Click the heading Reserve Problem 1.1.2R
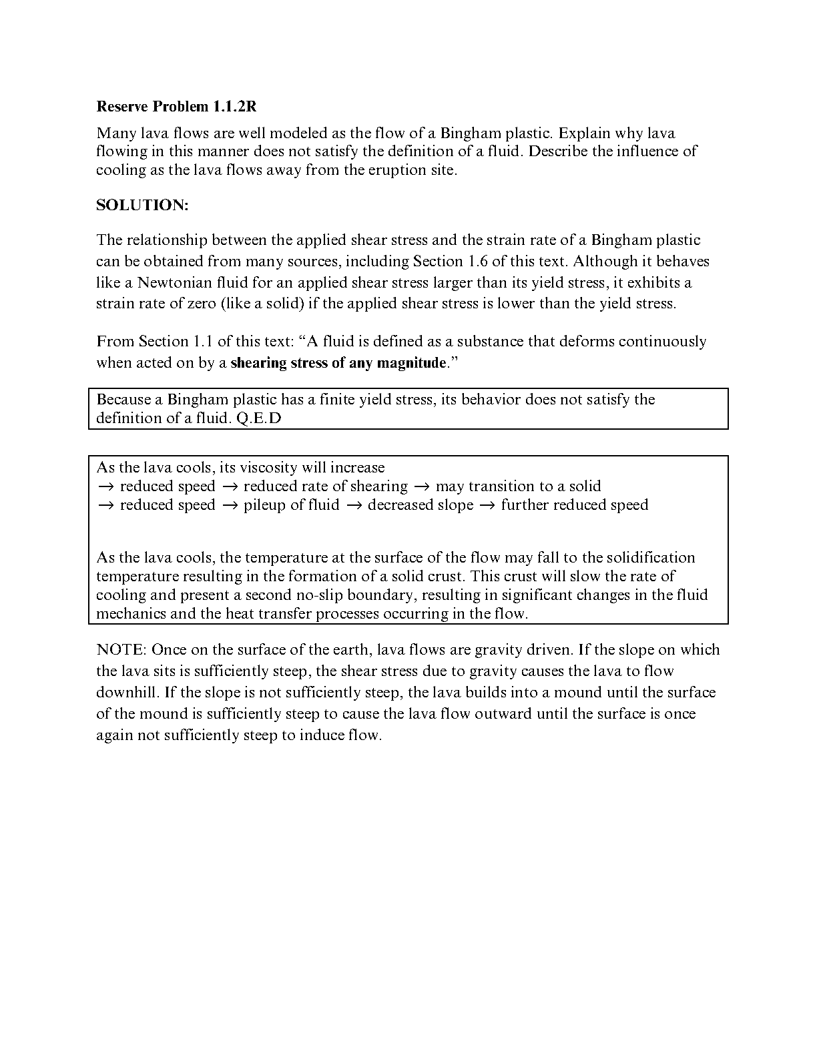coord(176,106)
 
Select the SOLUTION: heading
coord(142,205)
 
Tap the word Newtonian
coord(174,282)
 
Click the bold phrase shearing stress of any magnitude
coord(338,363)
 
